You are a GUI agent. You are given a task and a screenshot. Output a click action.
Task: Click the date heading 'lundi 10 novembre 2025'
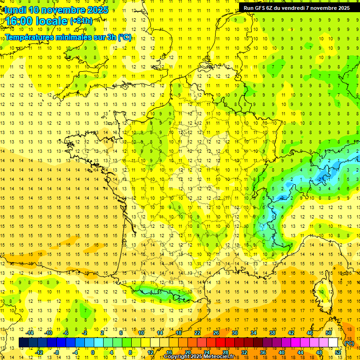point(56,10)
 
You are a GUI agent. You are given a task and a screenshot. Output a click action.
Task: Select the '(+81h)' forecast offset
point(81,21)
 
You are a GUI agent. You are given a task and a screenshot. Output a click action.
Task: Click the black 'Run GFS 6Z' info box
point(298,7)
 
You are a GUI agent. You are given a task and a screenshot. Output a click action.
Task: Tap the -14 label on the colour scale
point(30,333)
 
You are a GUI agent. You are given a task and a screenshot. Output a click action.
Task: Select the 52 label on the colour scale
point(338,352)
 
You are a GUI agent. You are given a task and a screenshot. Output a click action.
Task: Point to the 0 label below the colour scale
point(92,352)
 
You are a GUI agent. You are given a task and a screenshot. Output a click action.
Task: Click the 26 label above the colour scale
point(216,333)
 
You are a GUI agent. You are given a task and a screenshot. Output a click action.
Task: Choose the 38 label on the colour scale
point(272,333)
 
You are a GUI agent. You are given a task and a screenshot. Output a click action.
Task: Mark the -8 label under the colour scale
point(57,352)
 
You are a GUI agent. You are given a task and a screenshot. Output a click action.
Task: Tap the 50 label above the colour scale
point(328,333)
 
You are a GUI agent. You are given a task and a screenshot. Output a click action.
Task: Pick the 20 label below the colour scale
point(188,352)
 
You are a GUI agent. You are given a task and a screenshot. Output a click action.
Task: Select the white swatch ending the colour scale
point(333,342)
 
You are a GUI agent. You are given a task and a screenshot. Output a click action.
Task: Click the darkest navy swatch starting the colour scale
point(23,342)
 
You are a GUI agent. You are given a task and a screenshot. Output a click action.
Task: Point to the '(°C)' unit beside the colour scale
point(349,343)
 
